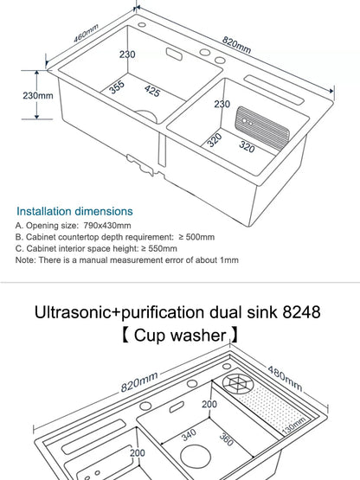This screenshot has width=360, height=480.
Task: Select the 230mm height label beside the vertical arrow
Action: coord(38,96)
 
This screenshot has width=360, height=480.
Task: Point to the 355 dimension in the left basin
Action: coord(117,87)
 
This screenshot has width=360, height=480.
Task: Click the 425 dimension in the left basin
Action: coord(152,90)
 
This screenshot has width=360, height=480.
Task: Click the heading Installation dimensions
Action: coord(75,211)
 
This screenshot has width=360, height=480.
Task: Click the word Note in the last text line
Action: coord(25,259)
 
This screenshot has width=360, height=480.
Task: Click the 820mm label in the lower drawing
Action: coord(138,382)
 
